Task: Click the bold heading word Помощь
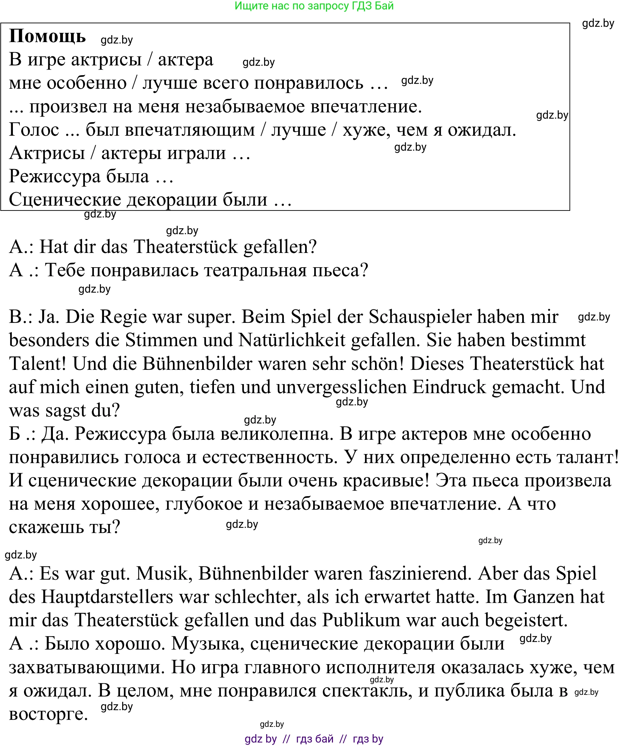pos(47,36)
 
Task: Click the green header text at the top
pos(314,6)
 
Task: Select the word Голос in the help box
pos(34,130)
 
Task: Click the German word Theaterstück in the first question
pos(185,247)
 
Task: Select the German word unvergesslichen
pos(341,387)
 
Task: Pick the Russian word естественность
pos(270,457)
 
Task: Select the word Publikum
pos(361,620)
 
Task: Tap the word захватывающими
pos(87,668)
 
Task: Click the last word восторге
pos(48,714)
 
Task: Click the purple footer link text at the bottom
pos(314,739)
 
